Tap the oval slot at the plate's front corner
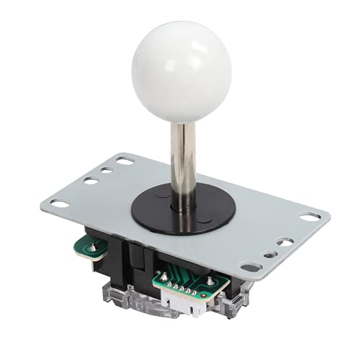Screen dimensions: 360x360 click(x=251, y=267)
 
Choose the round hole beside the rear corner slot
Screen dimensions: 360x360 click(x=107, y=171)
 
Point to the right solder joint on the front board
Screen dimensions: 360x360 click(x=210, y=282)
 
